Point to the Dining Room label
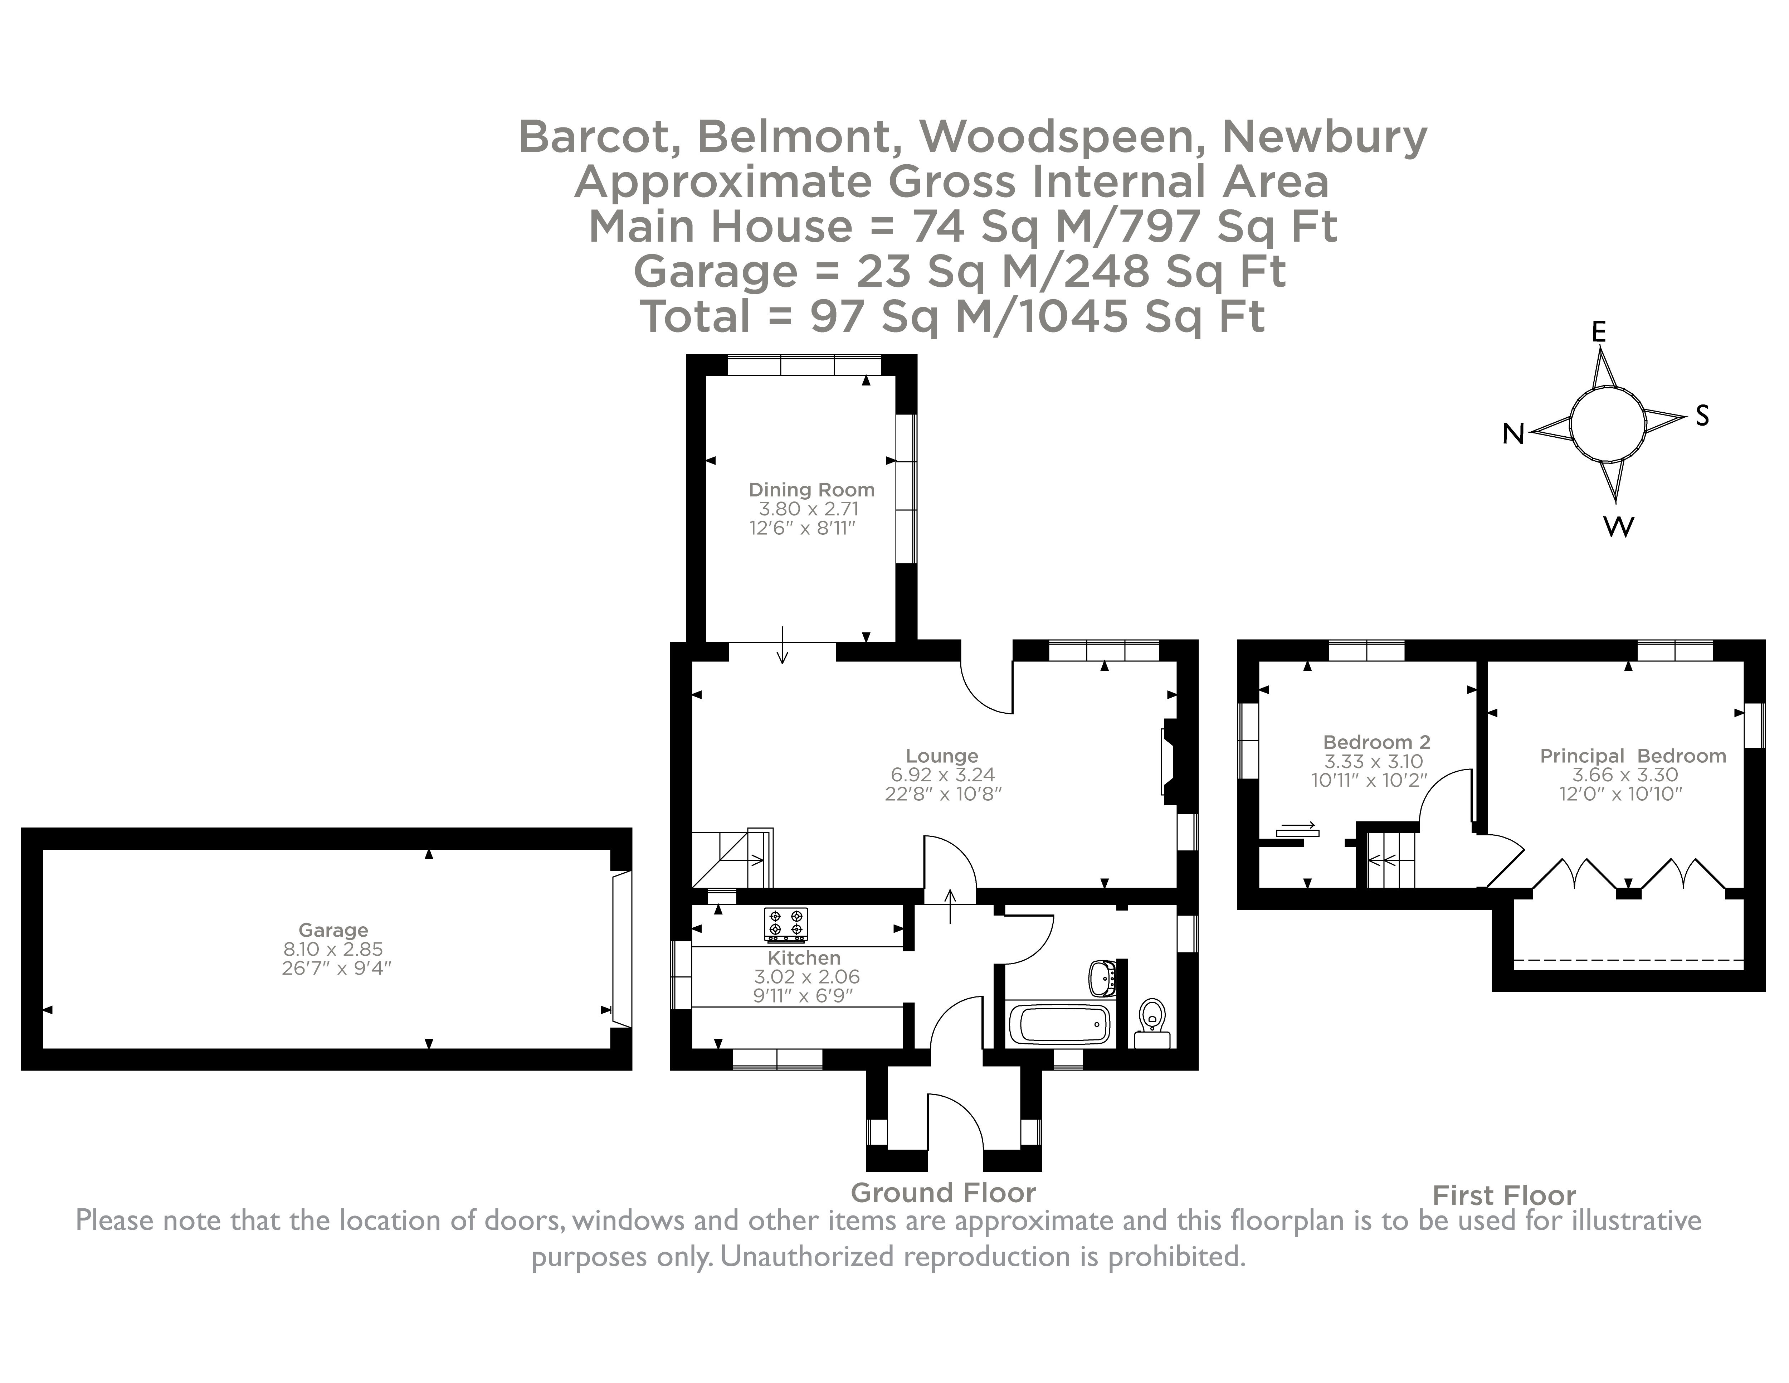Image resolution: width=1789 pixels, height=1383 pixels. tap(811, 490)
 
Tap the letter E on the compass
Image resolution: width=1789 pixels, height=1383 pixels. tap(1598, 332)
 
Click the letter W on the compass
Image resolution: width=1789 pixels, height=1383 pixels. tap(1618, 527)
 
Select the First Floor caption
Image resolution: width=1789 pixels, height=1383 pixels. tap(1504, 1195)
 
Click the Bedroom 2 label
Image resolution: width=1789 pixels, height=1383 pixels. tap(1376, 742)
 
